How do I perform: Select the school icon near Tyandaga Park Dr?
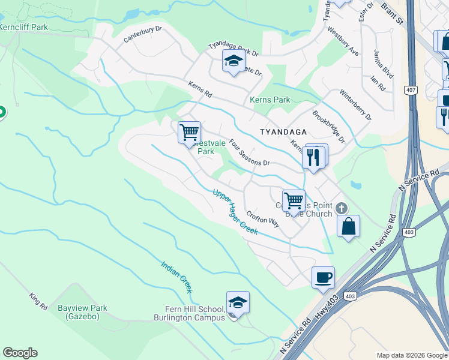click(234, 61)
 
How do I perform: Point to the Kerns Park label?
click(270, 100)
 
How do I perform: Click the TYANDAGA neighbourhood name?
click(283, 131)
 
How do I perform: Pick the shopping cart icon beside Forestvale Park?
click(190, 131)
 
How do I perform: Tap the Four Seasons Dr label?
click(250, 152)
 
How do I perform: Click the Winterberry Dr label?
click(355, 105)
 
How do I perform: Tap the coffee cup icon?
click(323, 277)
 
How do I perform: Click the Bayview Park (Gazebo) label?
click(82, 312)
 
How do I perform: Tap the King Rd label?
click(38, 301)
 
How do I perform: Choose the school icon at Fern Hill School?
click(238, 303)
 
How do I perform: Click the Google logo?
click(20, 353)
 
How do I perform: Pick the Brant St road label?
click(392, 13)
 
